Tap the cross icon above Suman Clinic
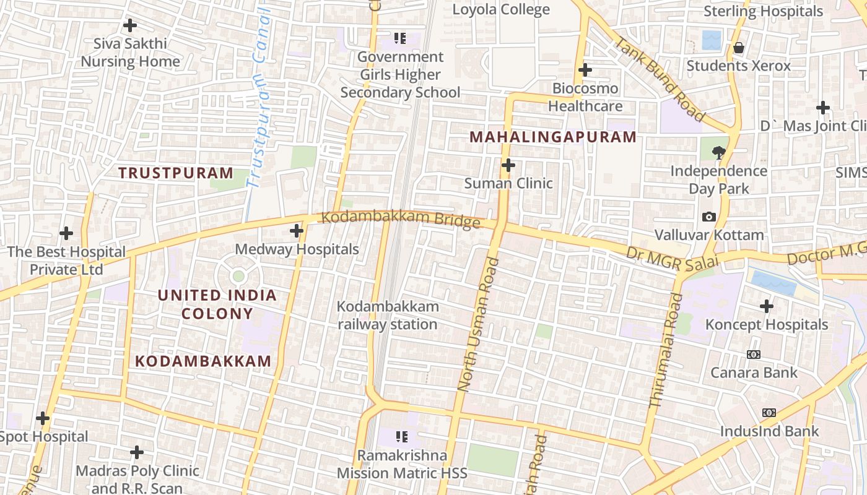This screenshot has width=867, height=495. click(x=508, y=165)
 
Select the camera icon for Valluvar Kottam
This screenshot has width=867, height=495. click(x=709, y=217)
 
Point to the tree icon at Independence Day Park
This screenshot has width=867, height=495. click(x=718, y=152)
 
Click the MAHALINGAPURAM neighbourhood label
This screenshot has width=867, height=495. click(x=554, y=137)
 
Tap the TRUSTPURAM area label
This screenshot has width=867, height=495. click(x=176, y=173)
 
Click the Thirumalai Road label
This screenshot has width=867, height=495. click(x=666, y=350)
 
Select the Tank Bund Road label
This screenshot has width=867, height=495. click(x=660, y=79)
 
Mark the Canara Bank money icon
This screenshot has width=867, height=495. click(x=754, y=355)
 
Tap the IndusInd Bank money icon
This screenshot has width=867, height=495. click(x=769, y=413)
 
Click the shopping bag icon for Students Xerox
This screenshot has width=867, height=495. click(x=739, y=48)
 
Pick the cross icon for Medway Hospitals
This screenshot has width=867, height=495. click(x=297, y=231)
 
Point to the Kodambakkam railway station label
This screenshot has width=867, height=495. click(x=388, y=315)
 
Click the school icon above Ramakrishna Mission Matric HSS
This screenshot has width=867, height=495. click(x=401, y=437)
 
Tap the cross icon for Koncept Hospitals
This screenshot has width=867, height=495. click(x=767, y=306)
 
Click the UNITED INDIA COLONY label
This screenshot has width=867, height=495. click(x=217, y=304)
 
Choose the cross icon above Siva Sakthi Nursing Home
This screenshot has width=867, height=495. click(x=130, y=25)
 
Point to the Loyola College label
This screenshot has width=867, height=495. click(x=501, y=9)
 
